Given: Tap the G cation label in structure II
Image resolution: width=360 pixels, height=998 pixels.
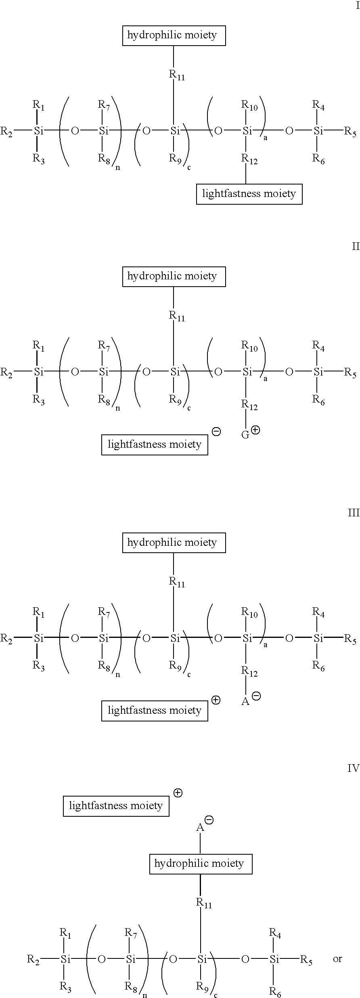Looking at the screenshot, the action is pos(245,435).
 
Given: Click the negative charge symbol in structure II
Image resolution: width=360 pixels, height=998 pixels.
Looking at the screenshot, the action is pos(216,432).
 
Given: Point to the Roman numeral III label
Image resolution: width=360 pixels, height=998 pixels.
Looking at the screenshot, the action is pos(354,513).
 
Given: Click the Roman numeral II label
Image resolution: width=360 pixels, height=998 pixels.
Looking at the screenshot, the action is pos(356,246).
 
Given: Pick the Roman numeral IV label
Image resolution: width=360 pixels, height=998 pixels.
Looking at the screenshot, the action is pos(353,768).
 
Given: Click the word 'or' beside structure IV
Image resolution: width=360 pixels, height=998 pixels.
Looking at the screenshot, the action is pos(337,958).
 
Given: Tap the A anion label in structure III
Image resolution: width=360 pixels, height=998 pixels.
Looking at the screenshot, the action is pos(245,702).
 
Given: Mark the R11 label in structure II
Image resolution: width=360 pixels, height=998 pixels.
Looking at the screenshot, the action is pos(177,316).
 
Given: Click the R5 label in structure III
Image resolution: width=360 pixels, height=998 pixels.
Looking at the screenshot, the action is pos(350,639).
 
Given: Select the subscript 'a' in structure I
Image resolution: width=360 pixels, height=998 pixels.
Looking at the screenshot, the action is pos(266,138).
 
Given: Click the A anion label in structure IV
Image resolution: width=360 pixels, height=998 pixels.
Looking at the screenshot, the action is pos(200,828).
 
